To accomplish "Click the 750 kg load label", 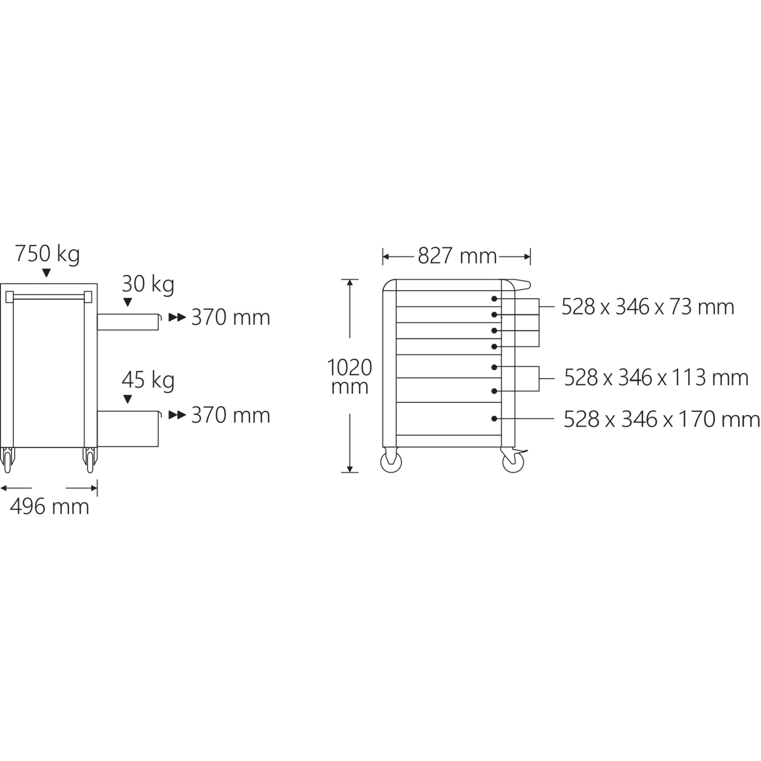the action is tap(48, 254).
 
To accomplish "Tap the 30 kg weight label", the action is tap(148, 284).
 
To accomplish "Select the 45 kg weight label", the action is tap(148, 380).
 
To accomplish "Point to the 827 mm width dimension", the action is tap(457, 256).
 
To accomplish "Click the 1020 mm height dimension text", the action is tap(350, 377).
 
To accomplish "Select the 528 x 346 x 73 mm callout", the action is tap(648, 307).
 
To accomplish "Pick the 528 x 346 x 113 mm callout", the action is tap(656, 378).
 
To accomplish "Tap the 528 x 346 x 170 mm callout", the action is tap(662, 419).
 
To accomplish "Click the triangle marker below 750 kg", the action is tap(47, 273).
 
